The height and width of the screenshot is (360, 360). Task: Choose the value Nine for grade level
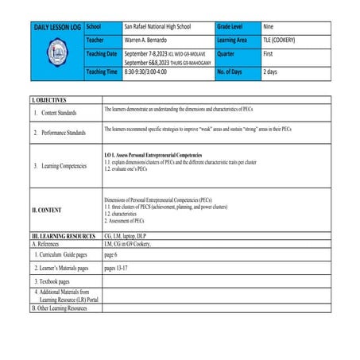pyautogui.click(x=270, y=27)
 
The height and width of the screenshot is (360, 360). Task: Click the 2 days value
pyautogui.click(x=270, y=72)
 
